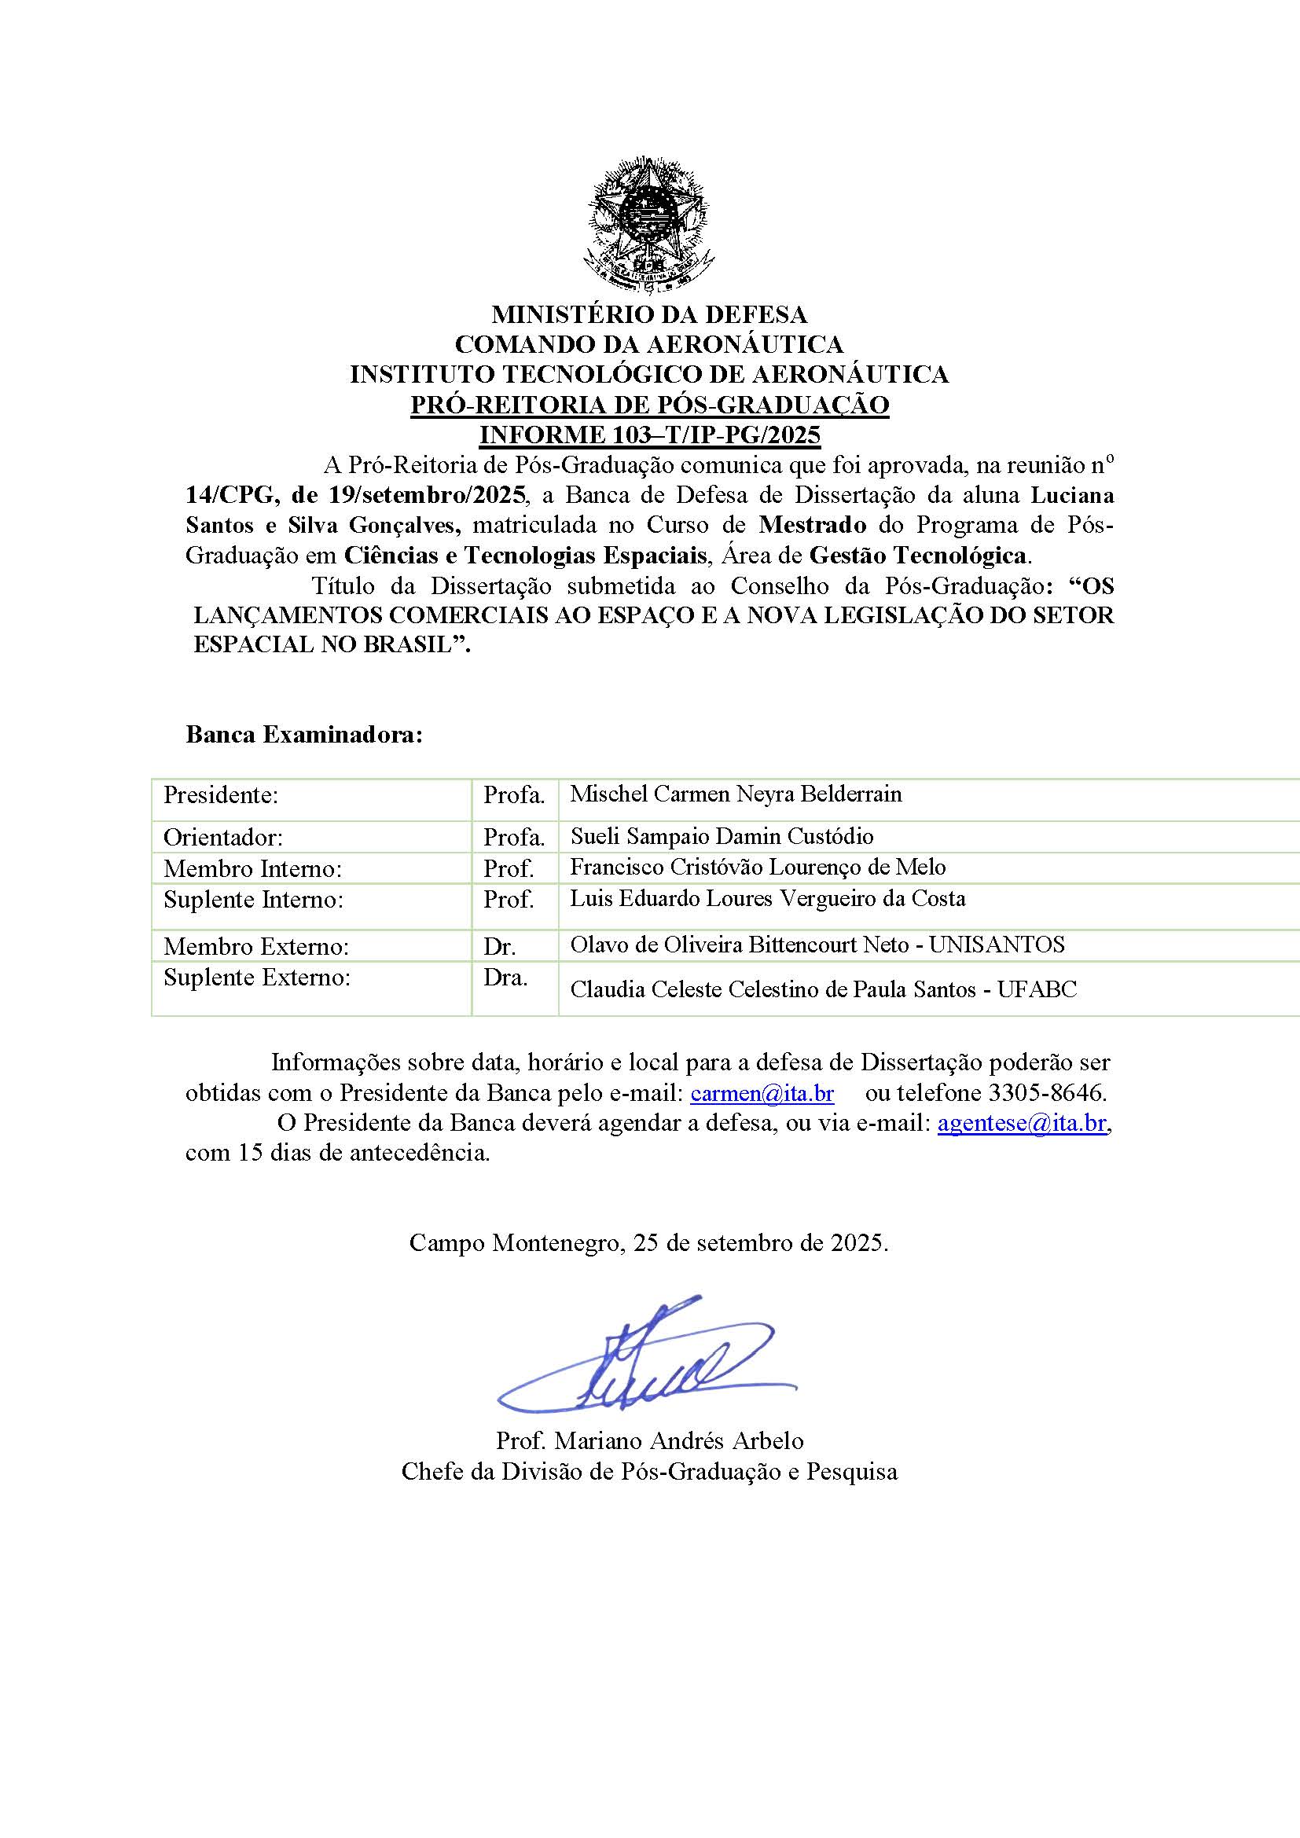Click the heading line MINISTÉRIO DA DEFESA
pyautogui.click(x=649, y=313)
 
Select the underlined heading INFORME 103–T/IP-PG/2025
pyautogui.click(x=649, y=435)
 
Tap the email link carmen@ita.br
pyautogui.click(x=762, y=1093)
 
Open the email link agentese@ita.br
pyautogui.click(x=1023, y=1123)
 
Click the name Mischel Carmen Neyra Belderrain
pyautogui.click(x=736, y=794)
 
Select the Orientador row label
pyautogui.click(x=222, y=838)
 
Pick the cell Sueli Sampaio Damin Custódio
pyautogui.click(x=722, y=837)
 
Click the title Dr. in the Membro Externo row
pyautogui.click(x=499, y=947)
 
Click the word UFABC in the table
pyautogui.click(x=1037, y=990)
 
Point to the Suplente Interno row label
pyautogui.click(x=253, y=900)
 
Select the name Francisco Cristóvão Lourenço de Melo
pyautogui.click(x=757, y=867)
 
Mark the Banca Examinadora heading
pyautogui.click(x=303, y=735)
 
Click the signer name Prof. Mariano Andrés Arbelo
pyautogui.click(x=649, y=1441)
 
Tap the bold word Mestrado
pyautogui.click(x=813, y=525)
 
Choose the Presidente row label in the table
pyautogui.click(x=220, y=796)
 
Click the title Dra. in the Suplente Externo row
pyautogui.click(x=505, y=978)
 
